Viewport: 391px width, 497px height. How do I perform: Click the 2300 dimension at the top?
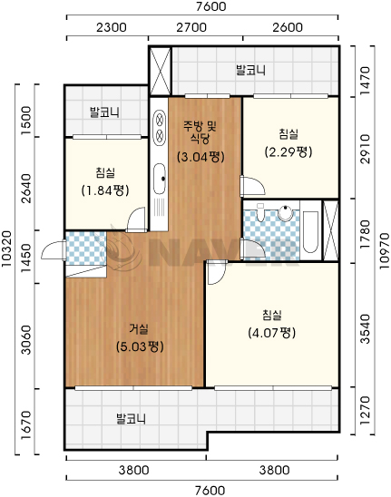coord(111,27)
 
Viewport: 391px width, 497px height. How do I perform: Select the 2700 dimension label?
coord(191,27)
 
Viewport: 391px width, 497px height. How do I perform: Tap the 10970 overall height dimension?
coord(384,251)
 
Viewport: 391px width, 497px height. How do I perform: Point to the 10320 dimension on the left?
coord(6,248)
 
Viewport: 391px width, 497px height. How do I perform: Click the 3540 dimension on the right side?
coord(365,328)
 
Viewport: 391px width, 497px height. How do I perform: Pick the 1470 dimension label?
coord(365,80)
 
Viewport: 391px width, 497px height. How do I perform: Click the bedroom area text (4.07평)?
coord(272,333)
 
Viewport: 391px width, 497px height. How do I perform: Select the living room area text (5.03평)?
coord(140,346)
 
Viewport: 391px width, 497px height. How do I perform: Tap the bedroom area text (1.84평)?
coord(105,190)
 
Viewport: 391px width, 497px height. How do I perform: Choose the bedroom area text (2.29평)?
coord(288,151)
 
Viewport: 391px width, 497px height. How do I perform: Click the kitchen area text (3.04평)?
coord(200,157)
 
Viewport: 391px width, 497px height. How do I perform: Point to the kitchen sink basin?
coord(160,179)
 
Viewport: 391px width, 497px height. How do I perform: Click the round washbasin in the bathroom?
coord(286,212)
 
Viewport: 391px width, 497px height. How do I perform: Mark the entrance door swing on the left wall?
coord(54,250)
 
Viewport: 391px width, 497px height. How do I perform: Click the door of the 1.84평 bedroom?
coord(137,219)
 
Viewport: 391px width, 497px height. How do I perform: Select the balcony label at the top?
coord(250,70)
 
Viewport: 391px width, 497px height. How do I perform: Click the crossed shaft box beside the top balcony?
coord(161,71)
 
